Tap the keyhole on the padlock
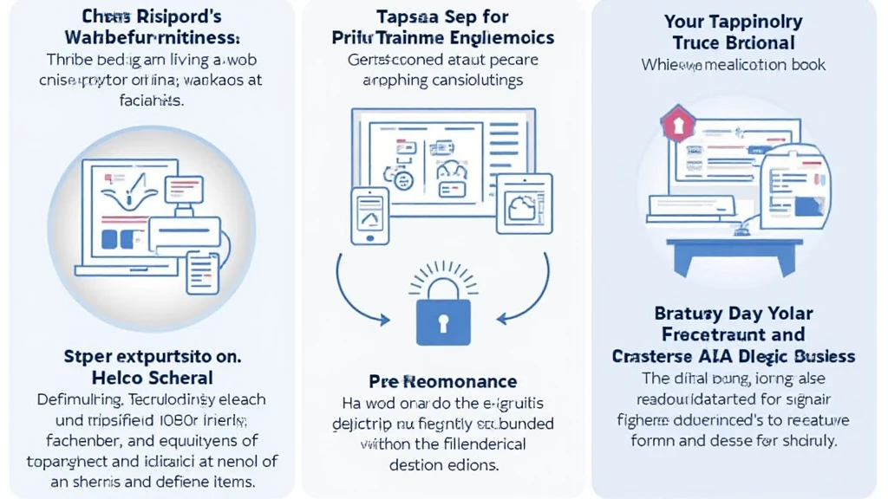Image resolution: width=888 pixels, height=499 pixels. (443, 323)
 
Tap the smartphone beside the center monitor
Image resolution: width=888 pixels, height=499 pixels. (369, 216)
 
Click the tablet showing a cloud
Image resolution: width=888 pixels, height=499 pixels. (524, 204)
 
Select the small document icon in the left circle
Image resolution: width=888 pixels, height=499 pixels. (203, 271)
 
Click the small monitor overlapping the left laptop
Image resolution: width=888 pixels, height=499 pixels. (183, 188)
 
